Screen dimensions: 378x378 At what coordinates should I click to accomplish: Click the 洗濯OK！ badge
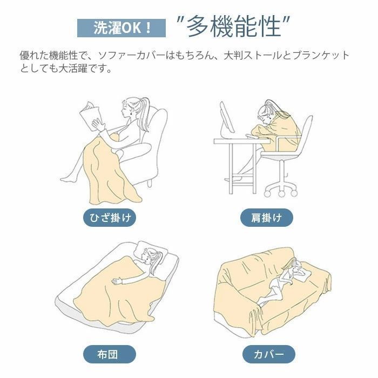click(122, 28)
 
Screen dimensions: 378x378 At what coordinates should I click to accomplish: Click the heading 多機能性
click(234, 26)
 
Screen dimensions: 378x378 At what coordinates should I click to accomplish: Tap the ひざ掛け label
click(110, 218)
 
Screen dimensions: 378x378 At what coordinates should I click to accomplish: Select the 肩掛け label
click(267, 218)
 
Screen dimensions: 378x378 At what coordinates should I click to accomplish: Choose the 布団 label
click(110, 354)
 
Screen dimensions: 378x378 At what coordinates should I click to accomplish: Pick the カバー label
click(269, 354)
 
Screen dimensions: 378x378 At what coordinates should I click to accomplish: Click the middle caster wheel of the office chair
click(281, 193)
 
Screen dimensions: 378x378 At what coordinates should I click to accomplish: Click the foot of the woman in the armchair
click(66, 179)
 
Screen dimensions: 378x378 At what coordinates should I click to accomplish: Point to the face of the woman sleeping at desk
click(265, 118)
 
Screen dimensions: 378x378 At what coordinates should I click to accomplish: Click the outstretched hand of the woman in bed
click(117, 281)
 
